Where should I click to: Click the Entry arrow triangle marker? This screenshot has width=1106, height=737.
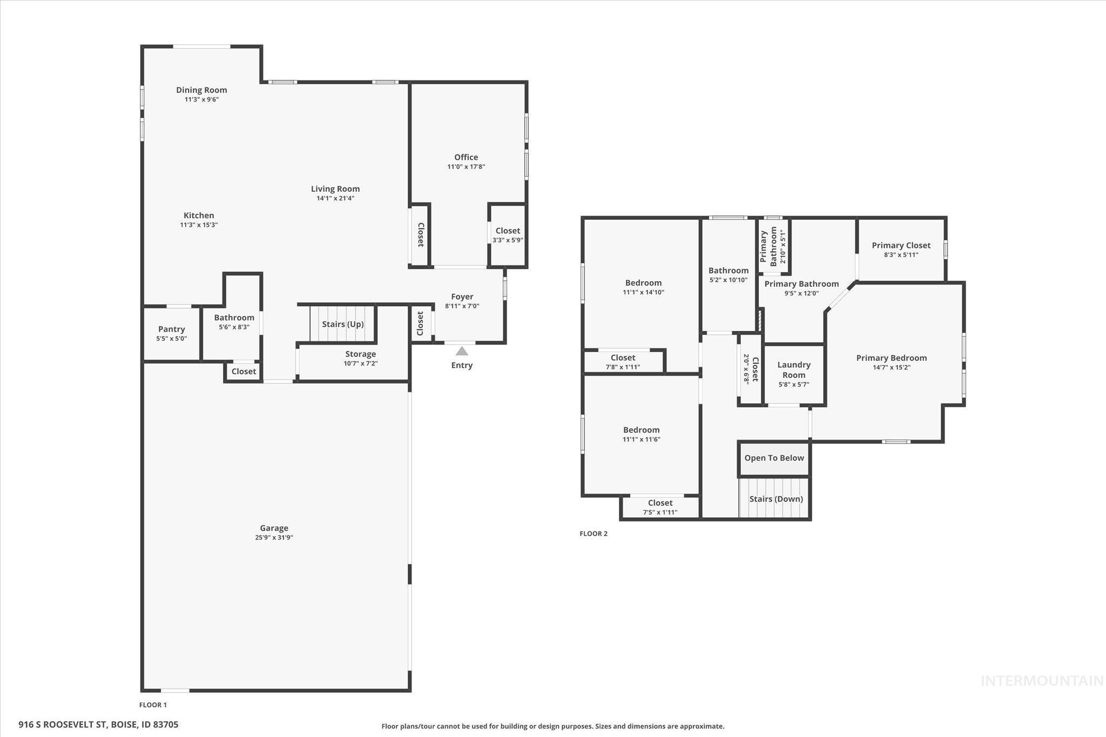[462, 351]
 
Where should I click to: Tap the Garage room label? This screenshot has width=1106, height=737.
[274, 528]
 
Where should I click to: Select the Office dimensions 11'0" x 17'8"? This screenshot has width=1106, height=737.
[466, 167]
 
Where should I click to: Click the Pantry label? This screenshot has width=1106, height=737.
[172, 329]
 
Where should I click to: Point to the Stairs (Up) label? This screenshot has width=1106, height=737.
[343, 324]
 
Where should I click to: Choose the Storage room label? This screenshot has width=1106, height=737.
[361, 354]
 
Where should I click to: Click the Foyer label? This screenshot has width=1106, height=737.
[462, 296]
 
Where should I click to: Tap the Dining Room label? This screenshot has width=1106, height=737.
[201, 90]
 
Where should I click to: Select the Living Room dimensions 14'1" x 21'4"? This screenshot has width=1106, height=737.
[335, 198]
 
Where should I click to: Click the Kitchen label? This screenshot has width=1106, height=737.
[199, 215]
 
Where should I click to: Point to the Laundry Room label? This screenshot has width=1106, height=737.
[794, 370]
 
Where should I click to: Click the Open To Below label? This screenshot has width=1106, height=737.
[774, 458]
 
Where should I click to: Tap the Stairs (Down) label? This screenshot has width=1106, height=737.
[776, 499]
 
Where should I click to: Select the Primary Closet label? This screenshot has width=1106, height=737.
[901, 245]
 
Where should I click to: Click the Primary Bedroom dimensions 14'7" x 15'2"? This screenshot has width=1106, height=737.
[892, 368]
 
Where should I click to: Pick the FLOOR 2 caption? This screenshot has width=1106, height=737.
[594, 533]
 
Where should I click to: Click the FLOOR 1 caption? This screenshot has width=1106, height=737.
[153, 705]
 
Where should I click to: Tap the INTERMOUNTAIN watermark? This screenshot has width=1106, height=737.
[1042, 681]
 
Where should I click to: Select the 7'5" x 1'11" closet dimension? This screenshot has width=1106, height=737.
[660, 512]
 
